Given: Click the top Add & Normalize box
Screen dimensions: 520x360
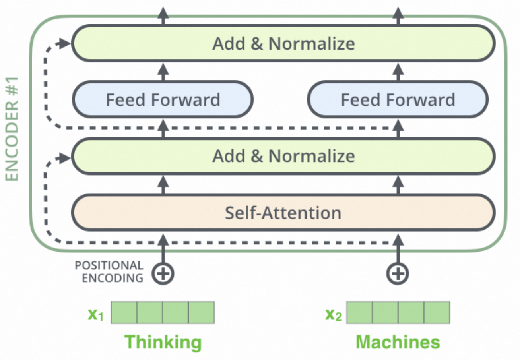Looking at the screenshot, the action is click(283, 43).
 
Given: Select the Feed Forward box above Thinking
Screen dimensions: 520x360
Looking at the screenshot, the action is click(163, 99).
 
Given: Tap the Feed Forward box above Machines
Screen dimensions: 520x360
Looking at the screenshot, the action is click(398, 99).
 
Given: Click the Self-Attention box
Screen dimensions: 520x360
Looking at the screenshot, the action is click(283, 213).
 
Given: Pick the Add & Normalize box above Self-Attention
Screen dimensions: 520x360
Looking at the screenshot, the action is click(283, 156).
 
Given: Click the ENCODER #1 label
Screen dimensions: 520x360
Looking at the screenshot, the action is click(12, 129).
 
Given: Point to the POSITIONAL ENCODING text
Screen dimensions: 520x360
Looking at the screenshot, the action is click(109, 272).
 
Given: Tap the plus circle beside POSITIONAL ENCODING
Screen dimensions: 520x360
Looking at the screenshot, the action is click(163, 274).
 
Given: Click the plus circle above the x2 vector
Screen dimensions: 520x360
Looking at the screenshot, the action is click(398, 274).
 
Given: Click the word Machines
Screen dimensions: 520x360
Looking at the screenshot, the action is click(398, 342).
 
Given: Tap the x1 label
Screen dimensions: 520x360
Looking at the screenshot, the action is click(95, 314).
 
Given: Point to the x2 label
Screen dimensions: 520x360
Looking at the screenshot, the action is click(334, 314).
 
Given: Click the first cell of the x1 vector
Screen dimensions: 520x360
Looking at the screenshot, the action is click(124, 312).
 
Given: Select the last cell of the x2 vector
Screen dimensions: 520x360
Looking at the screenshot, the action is click(437, 312).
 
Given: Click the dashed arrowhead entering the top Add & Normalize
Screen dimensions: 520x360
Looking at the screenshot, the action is click(63, 43).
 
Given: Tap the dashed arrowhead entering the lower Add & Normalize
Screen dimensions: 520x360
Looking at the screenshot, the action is click(63, 159).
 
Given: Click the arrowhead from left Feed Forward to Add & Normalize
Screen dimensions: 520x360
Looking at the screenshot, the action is click(163, 69).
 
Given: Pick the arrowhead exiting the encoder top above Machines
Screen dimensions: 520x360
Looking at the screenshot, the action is click(398, 13).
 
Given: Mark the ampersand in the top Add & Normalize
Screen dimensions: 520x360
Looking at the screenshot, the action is click(257, 44).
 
